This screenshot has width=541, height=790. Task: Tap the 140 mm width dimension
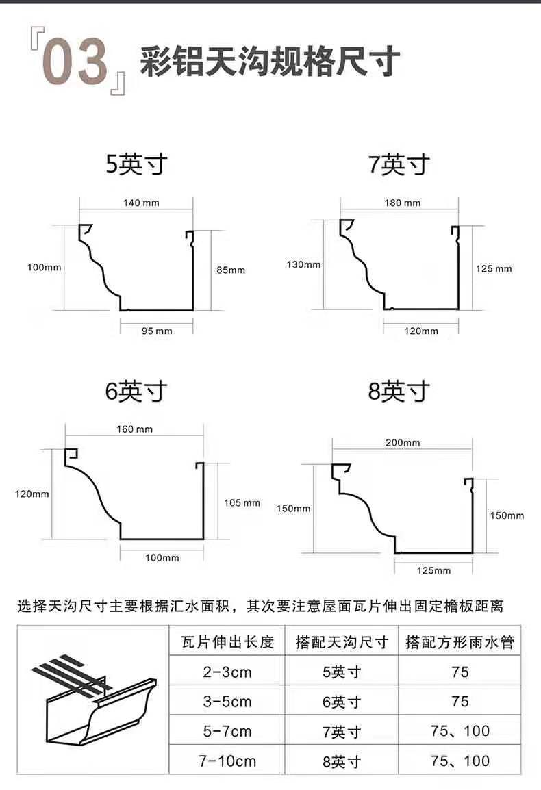(x=136, y=203)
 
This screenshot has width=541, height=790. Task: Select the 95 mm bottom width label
(x=157, y=331)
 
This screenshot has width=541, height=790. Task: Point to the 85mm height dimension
(x=231, y=270)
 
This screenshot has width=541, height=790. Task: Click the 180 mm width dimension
(x=403, y=203)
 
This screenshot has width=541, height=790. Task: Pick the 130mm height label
(x=303, y=264)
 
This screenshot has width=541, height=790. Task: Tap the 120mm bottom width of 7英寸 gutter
(x=421, y=331)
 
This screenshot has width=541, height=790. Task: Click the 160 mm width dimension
(x=135, y=429)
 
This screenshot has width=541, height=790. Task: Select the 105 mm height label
(x=242, y=503)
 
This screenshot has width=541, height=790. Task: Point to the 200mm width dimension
(x=403, y=442)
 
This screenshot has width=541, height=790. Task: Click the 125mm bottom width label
(x=433, y=570)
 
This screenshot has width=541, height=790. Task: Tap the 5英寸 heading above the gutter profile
(x=136, y=165)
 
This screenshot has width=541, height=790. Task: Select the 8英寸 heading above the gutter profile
(x=399, y=392)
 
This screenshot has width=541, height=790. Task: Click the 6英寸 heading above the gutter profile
(x=136, y=392)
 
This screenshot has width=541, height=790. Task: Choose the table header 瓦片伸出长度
(x=227, y=643)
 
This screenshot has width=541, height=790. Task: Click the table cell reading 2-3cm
(x=227, y=672)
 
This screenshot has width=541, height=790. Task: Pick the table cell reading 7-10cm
(x=227, y=761)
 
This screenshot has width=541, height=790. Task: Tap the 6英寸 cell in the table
(x=342, y=702)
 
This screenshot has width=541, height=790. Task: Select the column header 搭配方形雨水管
(x=460, y=643)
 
